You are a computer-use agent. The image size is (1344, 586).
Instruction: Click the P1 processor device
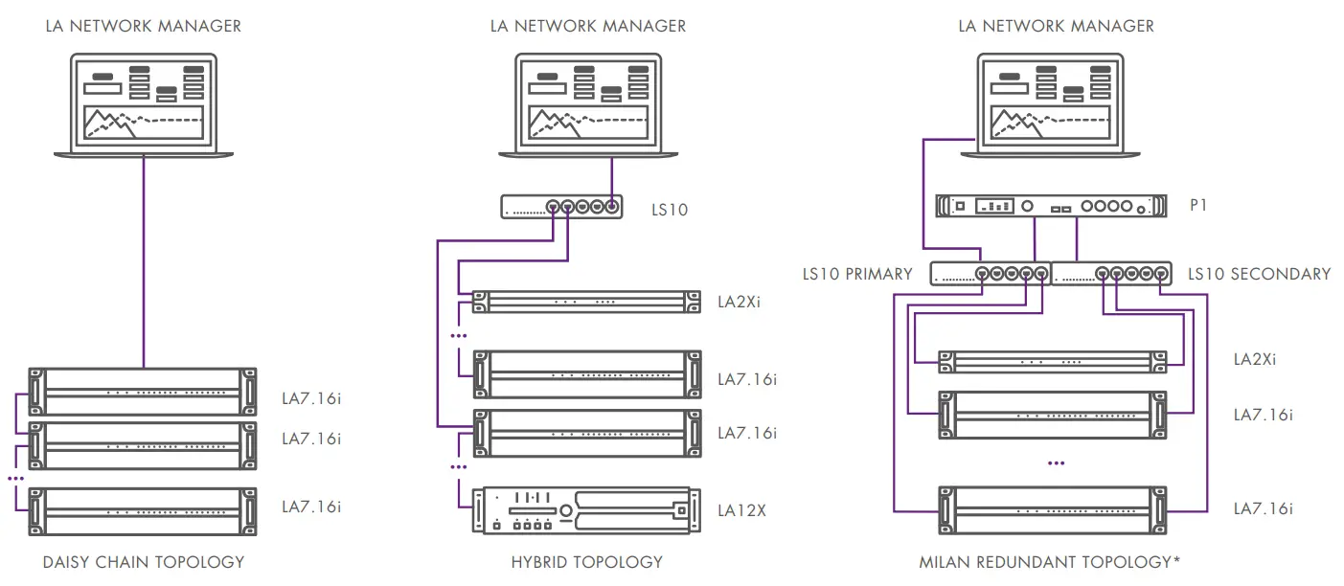point(1051,205)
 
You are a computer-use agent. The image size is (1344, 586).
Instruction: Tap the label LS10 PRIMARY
point(857,274)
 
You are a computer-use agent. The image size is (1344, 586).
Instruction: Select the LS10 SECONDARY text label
point(1259,274)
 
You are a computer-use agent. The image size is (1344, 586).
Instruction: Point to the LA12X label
point(741,510)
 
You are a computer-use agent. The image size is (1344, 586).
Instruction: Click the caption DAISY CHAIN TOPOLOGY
point(144,562)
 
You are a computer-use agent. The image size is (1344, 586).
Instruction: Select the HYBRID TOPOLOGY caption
point(587,562)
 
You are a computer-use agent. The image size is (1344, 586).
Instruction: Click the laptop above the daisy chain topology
point(144,105)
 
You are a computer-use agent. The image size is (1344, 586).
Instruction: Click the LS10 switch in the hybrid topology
point(561,205)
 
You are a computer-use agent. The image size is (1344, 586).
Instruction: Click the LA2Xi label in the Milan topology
point(1254,360)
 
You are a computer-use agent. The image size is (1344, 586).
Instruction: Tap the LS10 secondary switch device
point(1112,274)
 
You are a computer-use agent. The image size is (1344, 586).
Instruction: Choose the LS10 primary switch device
point(991,274)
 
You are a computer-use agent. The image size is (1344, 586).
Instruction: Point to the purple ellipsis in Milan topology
point(1057,462)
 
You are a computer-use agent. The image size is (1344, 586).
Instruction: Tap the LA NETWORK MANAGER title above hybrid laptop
point(587,26)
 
